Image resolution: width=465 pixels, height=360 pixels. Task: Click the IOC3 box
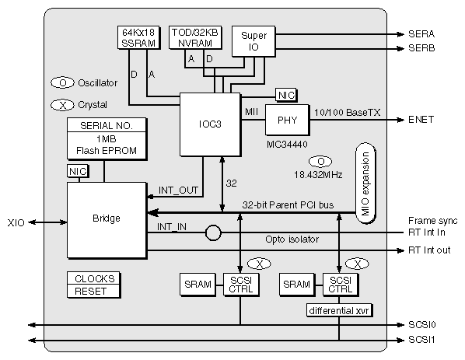click(208, 124)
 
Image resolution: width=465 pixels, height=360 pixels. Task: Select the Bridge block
click(107, 219)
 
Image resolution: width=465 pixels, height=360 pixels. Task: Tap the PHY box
click(287, 120)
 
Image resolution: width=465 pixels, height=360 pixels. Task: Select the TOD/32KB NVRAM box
click(195, 38)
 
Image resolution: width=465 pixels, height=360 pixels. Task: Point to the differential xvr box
click(339, 310)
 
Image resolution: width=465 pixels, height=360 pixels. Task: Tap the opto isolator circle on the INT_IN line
click(214, 232)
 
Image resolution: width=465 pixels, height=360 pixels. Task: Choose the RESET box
click(95, 291)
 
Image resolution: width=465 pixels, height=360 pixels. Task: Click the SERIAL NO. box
click(106, 125)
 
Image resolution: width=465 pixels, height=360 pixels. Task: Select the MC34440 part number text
click(287, 145)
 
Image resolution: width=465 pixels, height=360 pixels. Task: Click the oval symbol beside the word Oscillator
click(62, 82)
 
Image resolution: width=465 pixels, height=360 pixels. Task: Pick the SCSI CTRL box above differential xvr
click(339, 284)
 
